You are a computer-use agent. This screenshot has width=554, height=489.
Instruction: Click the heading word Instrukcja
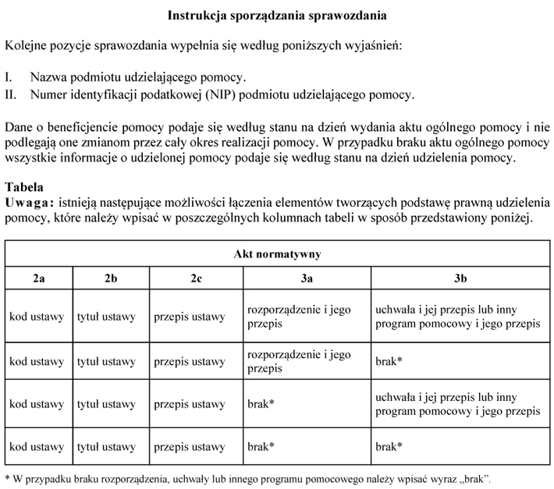coord(197,15)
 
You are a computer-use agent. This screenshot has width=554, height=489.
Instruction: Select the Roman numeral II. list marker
coord(11,95)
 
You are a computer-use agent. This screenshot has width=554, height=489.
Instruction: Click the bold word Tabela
coord(24,188)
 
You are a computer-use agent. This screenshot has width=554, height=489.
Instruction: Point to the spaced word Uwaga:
coord(29,203)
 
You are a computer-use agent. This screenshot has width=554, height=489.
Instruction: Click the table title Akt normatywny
coord(277,254)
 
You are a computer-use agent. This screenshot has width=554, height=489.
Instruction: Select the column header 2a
coord(38,278)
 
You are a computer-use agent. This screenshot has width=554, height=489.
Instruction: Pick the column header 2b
coord(110,278)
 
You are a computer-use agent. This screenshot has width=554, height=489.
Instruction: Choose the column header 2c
coord(196,278)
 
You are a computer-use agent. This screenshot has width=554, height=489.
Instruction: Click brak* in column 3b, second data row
coord(389,362)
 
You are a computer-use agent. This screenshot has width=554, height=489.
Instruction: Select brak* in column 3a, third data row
coord(261,405)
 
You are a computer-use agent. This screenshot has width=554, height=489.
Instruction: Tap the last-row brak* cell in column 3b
coord(389,448)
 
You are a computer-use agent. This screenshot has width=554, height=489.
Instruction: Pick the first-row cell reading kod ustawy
coord(36,317)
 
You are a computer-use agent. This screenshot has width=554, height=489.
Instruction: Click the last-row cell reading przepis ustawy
coord(189,448)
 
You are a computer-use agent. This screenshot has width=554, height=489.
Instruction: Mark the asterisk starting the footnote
coord(7,477)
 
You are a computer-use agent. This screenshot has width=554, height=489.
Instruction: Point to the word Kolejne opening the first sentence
coord(27,46)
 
